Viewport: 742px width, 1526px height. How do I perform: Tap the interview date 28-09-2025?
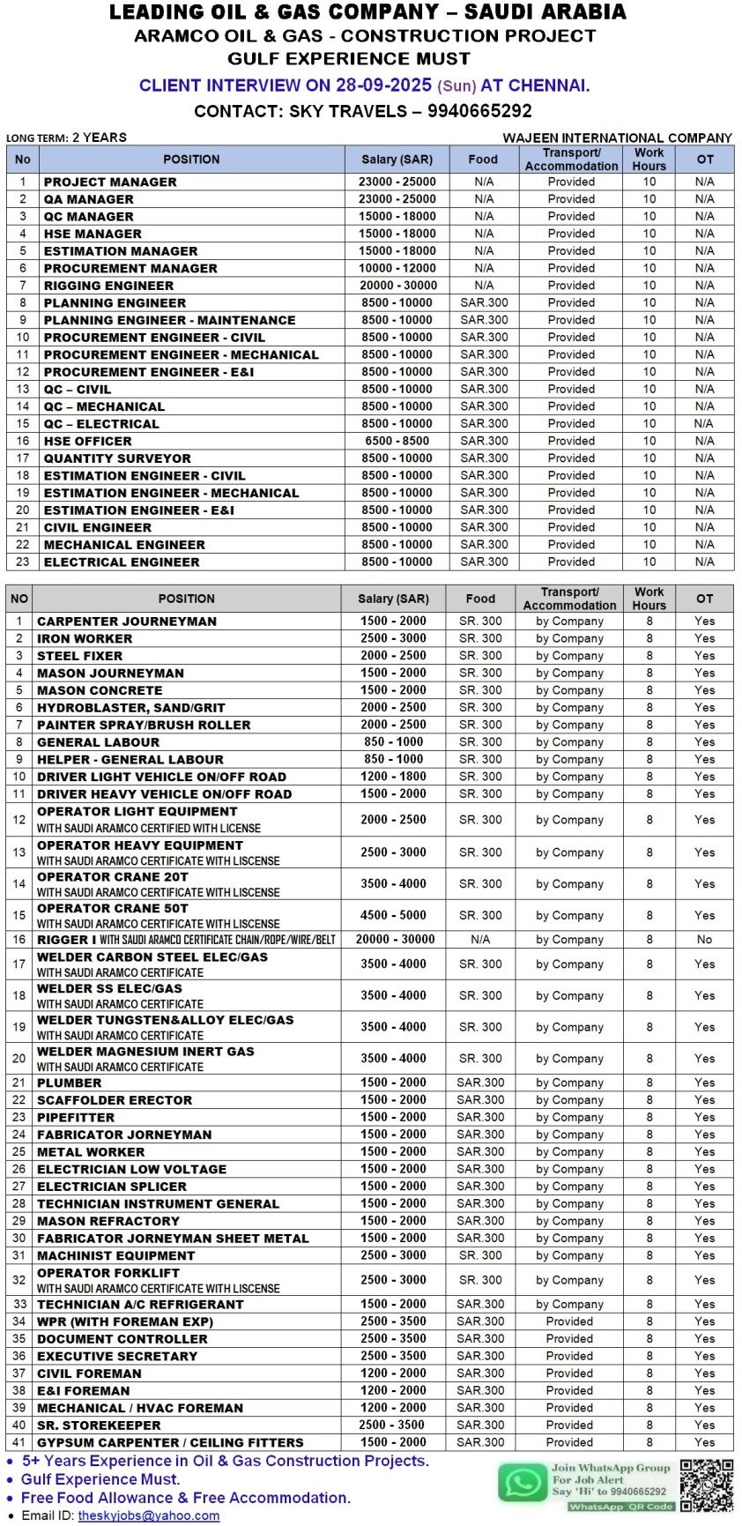(x=382, y=86)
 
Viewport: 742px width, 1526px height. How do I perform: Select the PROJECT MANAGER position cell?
(x=110, y=182)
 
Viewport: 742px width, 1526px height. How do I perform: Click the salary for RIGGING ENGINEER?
(x=397, y=286)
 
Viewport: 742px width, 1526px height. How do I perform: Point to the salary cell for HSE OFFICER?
(x=397, y=441)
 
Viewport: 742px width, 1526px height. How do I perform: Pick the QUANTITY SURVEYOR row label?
(x=117, y=458)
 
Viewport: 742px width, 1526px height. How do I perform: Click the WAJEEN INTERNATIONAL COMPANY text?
(x=617, y=138)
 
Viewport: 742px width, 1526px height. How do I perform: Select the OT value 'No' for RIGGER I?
(x=704, y=940)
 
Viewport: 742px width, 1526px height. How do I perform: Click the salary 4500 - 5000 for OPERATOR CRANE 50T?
(x=393, y=915)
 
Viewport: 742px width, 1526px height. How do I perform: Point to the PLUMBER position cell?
(x=70, y=1083)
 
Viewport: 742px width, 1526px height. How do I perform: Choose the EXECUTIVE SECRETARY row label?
(x=117, y=1356)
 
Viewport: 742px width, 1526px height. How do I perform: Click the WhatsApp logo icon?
(x=523, y=1483)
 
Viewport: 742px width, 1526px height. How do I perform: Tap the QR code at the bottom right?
(x=706, y=1485)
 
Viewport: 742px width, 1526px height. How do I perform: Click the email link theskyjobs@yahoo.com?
(x=148, y=1515)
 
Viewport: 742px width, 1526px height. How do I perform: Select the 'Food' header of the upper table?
(x=483, y=160)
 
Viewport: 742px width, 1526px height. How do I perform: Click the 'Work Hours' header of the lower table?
(x=649, y=599)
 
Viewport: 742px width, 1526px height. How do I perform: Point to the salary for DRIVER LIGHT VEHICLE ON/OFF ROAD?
(x=393, y=777)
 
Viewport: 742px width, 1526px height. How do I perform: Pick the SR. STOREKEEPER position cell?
(x=99, y=1426)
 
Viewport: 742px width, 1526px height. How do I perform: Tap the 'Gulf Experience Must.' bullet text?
(x=100, y=1479)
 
